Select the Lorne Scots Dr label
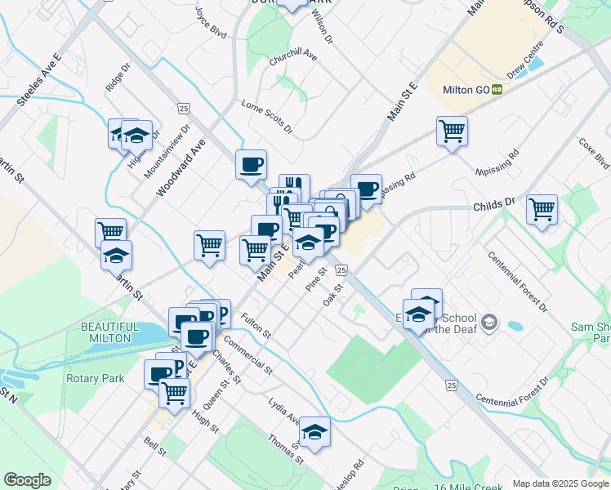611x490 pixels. click(x=267, y=115)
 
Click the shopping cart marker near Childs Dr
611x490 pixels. click(x=542, y=209)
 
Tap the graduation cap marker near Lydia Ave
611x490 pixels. click(x=314, y=431)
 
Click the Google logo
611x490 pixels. click(x=28, y=480)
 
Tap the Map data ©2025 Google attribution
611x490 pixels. click(x=560, y=483)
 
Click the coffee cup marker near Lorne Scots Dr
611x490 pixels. click(x=251, y=165)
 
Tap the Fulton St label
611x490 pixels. click(x=255, y=325)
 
